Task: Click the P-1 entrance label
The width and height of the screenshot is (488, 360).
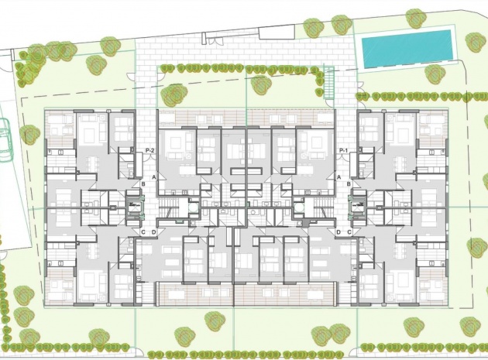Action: tap(344, 150)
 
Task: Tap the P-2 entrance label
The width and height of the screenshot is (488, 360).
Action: tap(150, 150)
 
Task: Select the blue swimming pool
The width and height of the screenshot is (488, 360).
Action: tap(407, 48)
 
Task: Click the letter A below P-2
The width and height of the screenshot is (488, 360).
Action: tap(155, 177)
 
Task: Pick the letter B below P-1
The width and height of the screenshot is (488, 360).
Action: tap(349, 183)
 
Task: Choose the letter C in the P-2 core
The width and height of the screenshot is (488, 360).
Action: tap(143, 231)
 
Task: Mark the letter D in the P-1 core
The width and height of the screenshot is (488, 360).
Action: tap(339, 231)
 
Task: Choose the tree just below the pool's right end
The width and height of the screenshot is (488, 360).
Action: tap(435, 74)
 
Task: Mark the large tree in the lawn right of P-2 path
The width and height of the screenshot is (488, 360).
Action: tap(174, 94)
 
